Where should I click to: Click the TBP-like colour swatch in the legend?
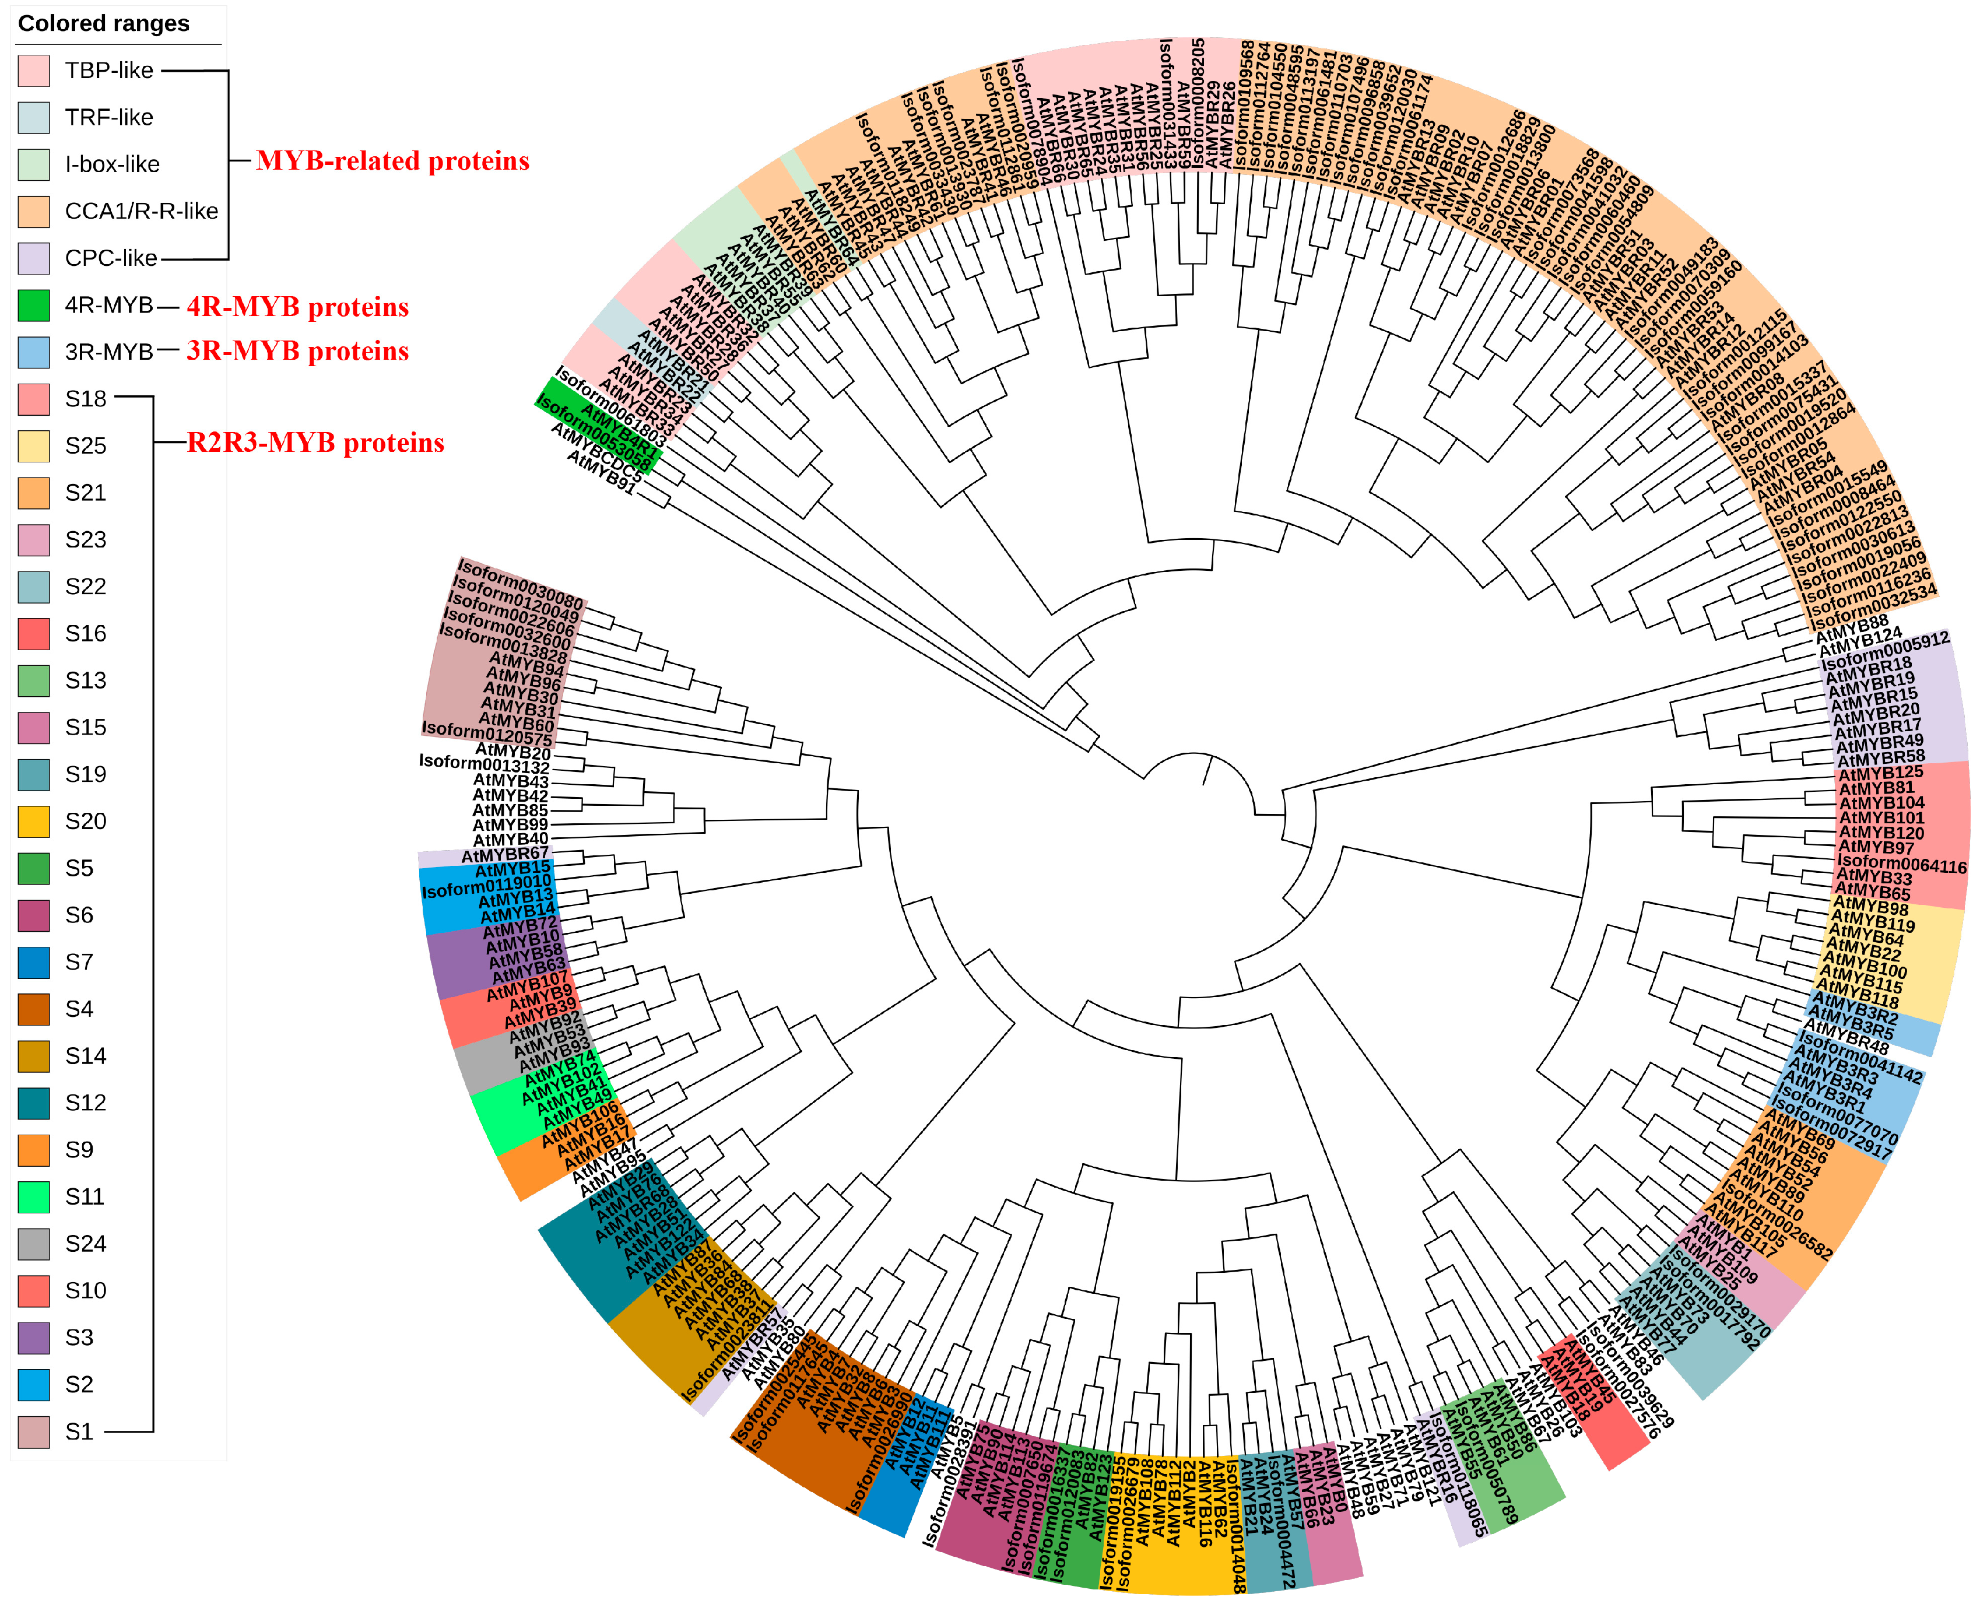coord(33,71)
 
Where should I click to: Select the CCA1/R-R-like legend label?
coord(141,212)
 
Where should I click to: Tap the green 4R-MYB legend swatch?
coord(33,306)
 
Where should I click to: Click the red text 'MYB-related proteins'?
coord(392,162)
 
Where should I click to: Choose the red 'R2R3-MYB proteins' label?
coord(315,443)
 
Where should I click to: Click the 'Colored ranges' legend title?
coord(104,23)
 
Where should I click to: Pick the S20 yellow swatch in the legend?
coord(33,822)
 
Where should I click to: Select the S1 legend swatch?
coord(33,1432)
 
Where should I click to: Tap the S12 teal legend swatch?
coord(33,1103)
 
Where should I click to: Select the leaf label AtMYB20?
coord(513,751)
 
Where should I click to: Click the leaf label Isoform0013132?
coord(483,764)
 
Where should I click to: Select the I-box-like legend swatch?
coord(33,164)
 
